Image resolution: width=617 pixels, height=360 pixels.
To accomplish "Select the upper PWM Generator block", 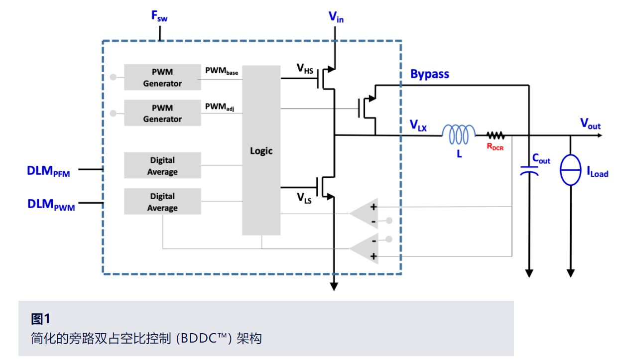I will tap(162, 78).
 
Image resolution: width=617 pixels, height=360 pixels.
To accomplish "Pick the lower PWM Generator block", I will tap(162, 114).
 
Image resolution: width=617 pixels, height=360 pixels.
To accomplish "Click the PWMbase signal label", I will tap(222, 71).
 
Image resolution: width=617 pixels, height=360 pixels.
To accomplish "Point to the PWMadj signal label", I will tap(219, 107).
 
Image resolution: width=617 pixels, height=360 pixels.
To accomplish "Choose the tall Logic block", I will tap(261, 150).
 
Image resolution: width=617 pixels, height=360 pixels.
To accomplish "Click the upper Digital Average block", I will tap(162, 166).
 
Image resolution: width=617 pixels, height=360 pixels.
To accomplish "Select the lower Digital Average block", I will tap(162, 202).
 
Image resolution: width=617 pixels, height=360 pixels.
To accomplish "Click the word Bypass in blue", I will tap(429, 74).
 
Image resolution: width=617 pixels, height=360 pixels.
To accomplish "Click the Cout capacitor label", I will tap(540, 159).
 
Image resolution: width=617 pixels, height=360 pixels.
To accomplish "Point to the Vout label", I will tap(590, 124).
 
